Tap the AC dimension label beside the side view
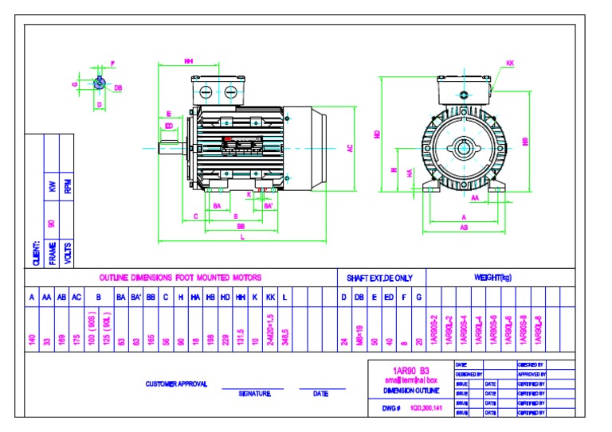pyautogui.click(x=349, y=148)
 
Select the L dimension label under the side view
pyautogui.click(x=242, y=239)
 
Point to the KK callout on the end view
pyautogui.click(x=510, y=62)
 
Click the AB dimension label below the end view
pyautogui.click(x=464, y=228)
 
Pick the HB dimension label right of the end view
pyautogui.click(x=524, y=141)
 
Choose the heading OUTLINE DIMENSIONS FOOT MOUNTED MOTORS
pyautogui.click(x=180, y=278)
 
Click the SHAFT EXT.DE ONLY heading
pyautogui.click(x=379, y=278)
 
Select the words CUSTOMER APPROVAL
pyautogui.click(x=177, y=383)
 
